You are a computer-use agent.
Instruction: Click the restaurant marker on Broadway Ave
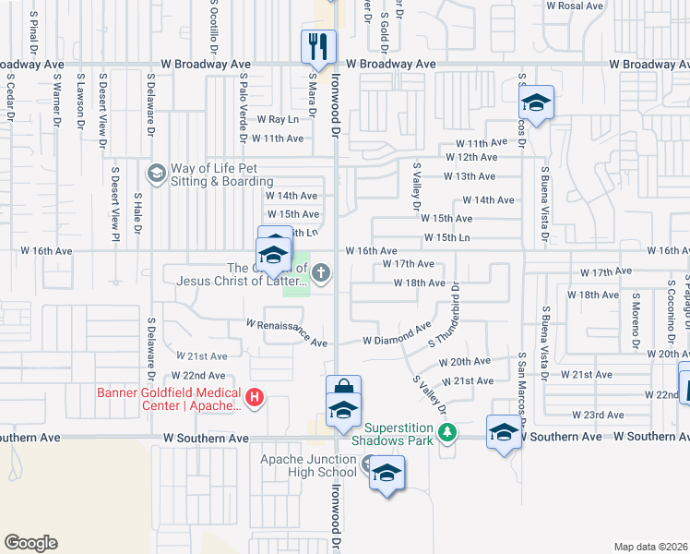318,44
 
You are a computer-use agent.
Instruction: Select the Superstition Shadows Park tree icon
447,432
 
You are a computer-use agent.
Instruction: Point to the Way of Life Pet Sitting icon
156,173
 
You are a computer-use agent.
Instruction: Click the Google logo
30,543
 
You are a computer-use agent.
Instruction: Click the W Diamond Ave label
397,334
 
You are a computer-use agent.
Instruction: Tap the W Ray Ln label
279,119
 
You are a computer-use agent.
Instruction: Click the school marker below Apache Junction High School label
387,475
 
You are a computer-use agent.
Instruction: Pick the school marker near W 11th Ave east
536,102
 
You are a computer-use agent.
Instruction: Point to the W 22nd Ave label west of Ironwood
198,376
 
